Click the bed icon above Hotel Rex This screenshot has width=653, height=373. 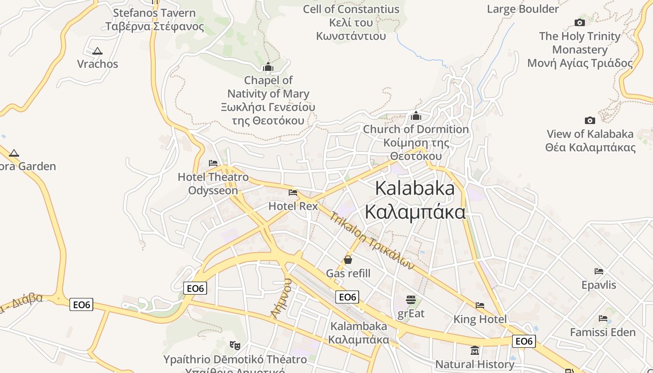pyautogui.click(x=293, y=192)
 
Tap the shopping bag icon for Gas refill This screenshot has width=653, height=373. pyautogui.click(x=348, y=260)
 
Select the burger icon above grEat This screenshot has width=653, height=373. pyautogui.click(x=410, y=299)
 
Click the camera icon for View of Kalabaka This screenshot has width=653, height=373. pyautogui.click(x=590, y=120)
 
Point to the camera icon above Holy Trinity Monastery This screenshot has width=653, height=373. pyautogui.click(x=580, y=22)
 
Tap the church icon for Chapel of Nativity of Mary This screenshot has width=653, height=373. pyautogui.click(x=268, y=67)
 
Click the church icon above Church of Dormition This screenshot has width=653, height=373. pyautogui.click(x=416, y=116)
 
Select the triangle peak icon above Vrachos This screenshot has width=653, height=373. pyautogui.click(x=97, y=51)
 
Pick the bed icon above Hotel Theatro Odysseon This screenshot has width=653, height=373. pyautogui.click(x=213, y=163)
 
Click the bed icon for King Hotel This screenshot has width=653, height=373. pyautogui.click(x=480, y=305)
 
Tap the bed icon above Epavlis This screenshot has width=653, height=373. pyautogui.click(x=599, y=271)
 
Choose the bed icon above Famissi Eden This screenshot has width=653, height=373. pyautogui.click(x=603, y=318)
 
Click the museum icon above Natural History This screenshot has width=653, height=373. pyautogui.click(x=475, y=350)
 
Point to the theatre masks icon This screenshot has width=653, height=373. pyautogui.click(x=235, y=345)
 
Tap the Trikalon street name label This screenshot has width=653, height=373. pyautogui.click(x=372, y=241)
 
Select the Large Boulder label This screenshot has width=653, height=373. pyautogui.click(x=522, y=9)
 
